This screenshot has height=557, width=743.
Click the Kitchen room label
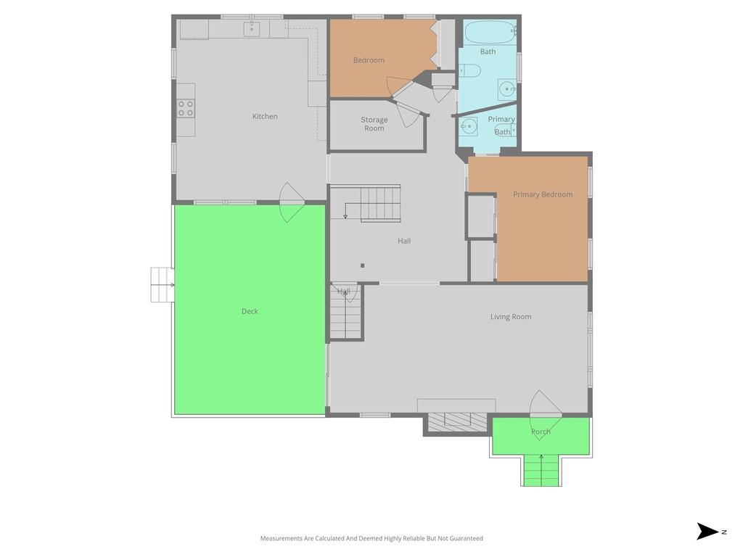pyautogui.click(x=265, y=116)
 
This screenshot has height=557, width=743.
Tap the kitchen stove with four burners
pyautogui.click(x=186, y=109)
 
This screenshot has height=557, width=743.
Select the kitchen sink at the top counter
pyautogui.click(x=252, y=28)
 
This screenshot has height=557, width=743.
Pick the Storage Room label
pyautogui.click(x=374, y=124)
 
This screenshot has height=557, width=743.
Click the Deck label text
pyautogui.click(x=250, y=311)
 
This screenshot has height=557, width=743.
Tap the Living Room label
pyautogui.click(x=511, y=316)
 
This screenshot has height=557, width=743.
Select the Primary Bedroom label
pyautogui.click(x=543, y=194)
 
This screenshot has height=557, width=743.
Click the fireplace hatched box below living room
pyautogui.click(x=457, y=423)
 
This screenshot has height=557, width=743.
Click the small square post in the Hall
pyautogui.click(x=363, y=265)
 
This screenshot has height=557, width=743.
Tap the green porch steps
pyautogui.click(x=541, y=470)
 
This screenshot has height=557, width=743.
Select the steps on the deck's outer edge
pyautogui.click(x=163, y=284)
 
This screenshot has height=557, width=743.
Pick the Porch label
pyautogui.click(x=541, y=432)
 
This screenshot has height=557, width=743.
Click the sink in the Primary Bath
pyautogui.click(x=468, y=126)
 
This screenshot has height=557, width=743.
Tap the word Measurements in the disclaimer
pyautogui.click(x=282, y=538)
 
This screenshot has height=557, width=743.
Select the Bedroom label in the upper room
pyautogui.click(x=369, y=60)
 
